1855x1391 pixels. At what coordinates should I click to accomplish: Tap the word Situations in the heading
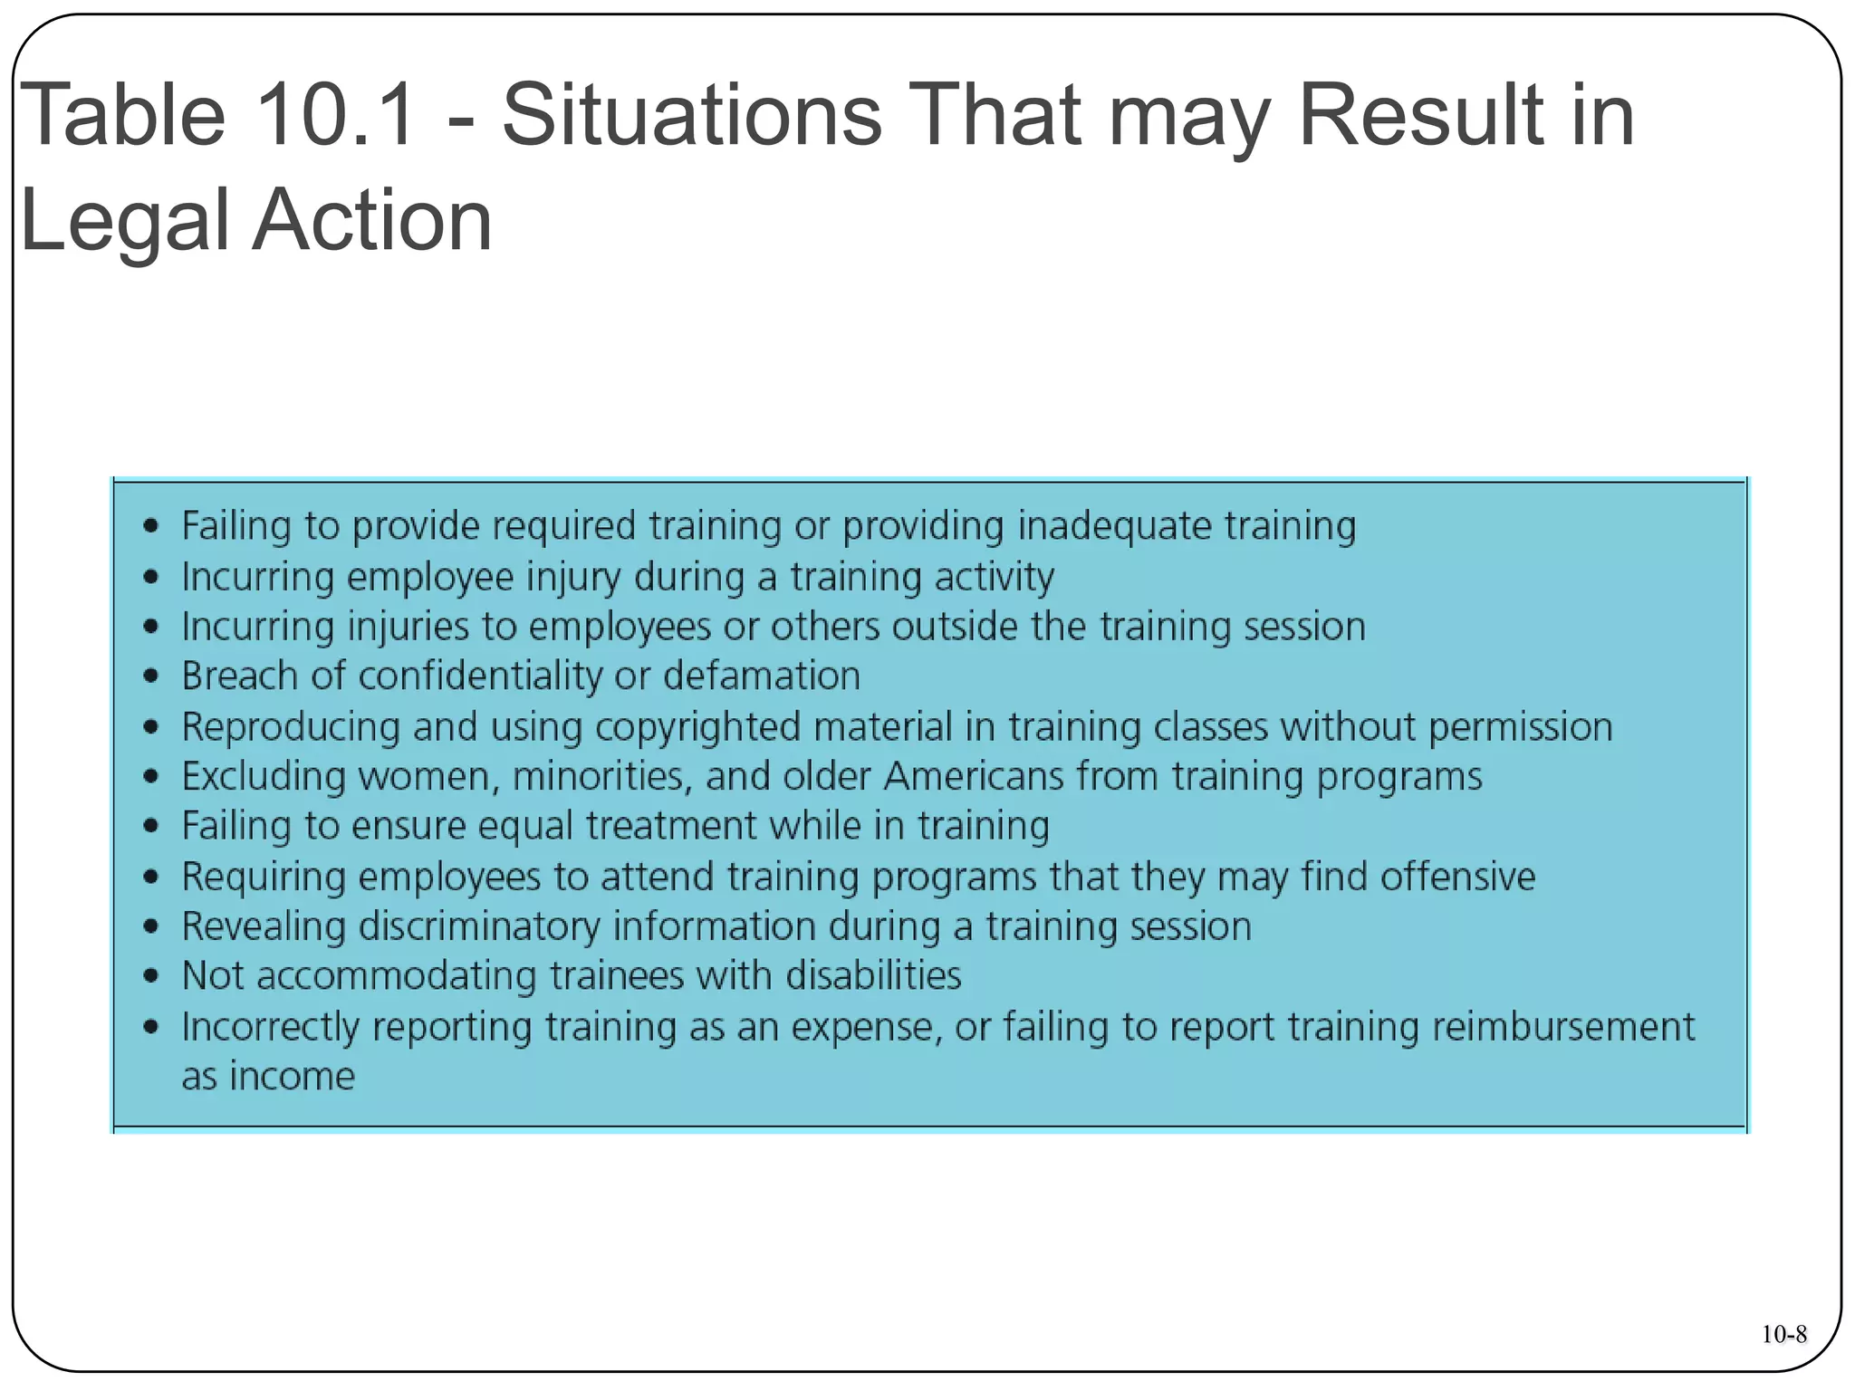click(691, 115)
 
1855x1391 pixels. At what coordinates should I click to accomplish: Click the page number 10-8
click(1783, 1334)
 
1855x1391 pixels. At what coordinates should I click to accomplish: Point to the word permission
click(1520, 727)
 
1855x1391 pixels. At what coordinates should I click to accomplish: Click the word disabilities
click(873, 976)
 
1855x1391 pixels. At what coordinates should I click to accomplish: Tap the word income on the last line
click(292, 1077)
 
